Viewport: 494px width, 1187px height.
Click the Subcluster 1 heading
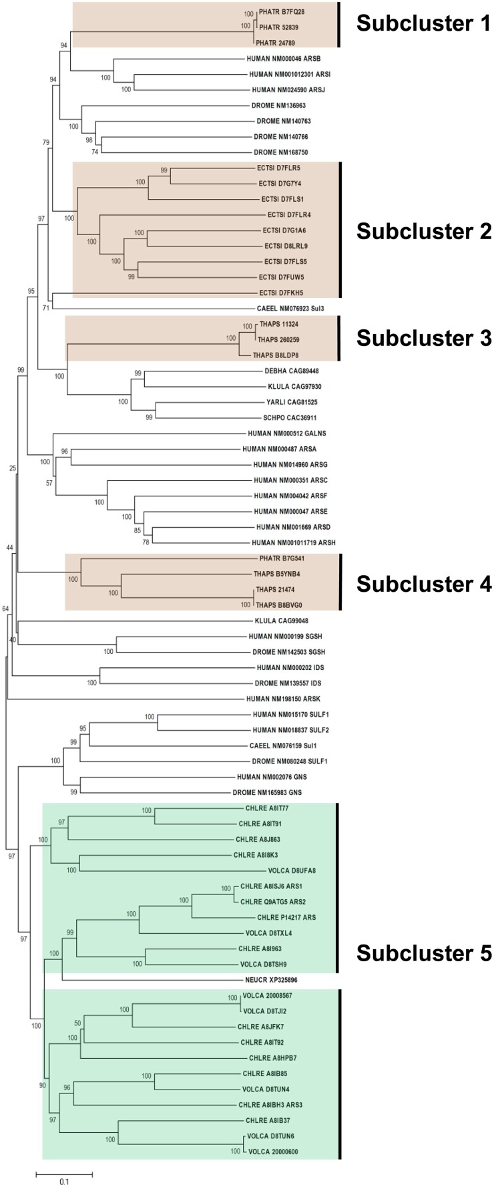point(424,24)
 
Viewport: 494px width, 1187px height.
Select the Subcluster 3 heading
point(424,338)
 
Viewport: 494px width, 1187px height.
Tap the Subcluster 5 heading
point(424,953)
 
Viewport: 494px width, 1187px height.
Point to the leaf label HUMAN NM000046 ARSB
point(283,59)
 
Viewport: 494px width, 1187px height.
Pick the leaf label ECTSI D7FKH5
point(280,293)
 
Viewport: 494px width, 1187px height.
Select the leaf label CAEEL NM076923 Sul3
point(290,308)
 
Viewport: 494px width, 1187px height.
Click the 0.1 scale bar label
point(63,1181)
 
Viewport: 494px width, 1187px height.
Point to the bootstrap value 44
point(10,548)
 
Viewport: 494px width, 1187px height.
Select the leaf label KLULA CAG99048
point(280,621)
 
